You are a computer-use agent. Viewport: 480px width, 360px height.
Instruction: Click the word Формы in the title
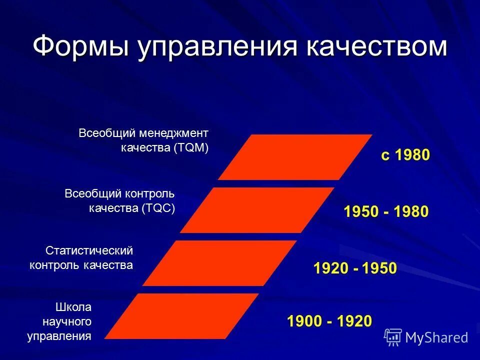pyautogui.click(x=79, y=46)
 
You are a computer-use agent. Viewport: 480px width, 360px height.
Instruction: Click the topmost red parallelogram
pyautogui.click(x=295, y=157)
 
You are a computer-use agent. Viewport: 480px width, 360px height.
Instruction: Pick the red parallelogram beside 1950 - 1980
pyautogui.click(x=257, y=210)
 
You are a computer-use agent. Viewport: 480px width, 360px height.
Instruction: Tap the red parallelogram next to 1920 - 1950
pyautogui.click(x=219, y=263)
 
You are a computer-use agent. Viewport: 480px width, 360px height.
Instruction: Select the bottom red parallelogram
pyautogui.click(x=182, y=316)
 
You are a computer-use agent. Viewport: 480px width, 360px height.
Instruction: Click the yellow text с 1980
pyautogui.click(x=405, y=155)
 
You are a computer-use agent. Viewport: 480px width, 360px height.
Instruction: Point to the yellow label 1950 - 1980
pyautogui.click(x=385, y=211)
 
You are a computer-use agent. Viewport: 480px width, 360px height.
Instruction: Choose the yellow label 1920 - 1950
pyautogui.click(x=354, y=268)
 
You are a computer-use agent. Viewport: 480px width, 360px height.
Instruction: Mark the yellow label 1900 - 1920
pyautogui.click(x=329, y=321)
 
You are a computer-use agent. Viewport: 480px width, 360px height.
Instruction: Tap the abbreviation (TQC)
pyautogui.click(x=158, y=208)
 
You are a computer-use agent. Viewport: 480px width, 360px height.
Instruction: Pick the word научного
pyautogui.click(x=69, y=321)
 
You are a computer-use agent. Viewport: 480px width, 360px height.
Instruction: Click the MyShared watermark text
pyautogui.click(x=436, y=337)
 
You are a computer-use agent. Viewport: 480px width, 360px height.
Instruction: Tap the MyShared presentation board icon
pyautogui.click(x=393, y=337)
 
